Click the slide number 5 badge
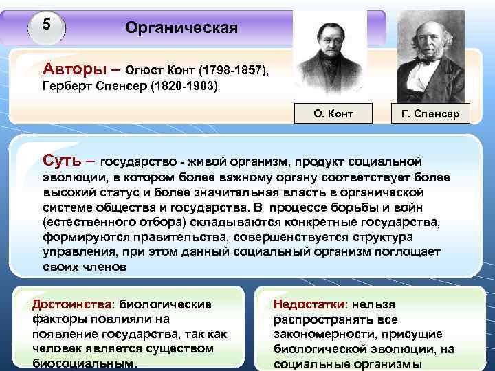pyautogui.click(x=46, y=25)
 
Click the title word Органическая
pyautogui.click(x=181, y=28)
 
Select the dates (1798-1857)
pyautogui.click(x=233, y=71)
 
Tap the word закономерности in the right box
pyautogui.click(x=319, y=334)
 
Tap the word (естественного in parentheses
pyautogui.click(x=87, y=223)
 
